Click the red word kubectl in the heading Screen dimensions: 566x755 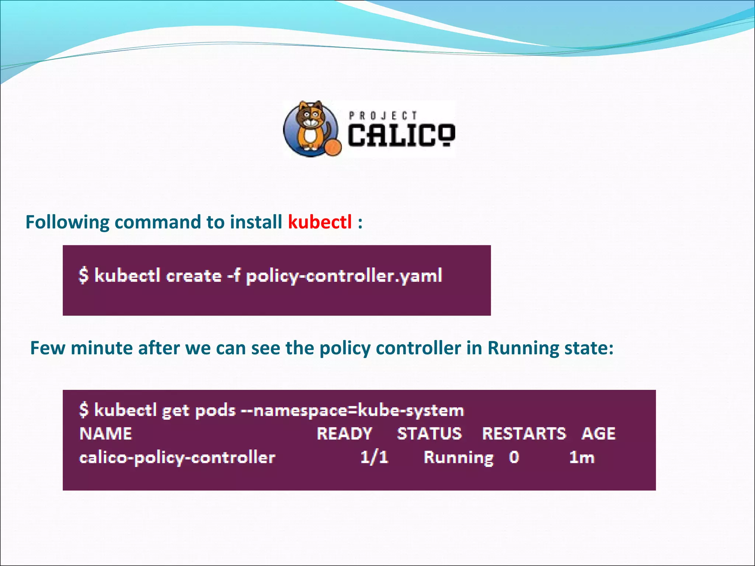pyautogui.click(x=320, y=222)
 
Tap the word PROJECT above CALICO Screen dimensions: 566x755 pyautogui.click(x=383, y=116)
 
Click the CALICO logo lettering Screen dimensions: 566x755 pyautogui.click(x=401, y=135)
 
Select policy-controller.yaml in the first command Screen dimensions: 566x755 pyautogui.click(x=344, y=276)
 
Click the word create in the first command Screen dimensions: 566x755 pyautogui.click(x=194, y=276)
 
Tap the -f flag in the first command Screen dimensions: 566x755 pyautogui.click(x=233, y=276)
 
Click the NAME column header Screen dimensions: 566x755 pyautogui.click(x=105, y=434)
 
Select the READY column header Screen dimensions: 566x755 pyautogui.click(x=344, y=434)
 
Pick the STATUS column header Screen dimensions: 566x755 pyautogui.click(x=429, y=434)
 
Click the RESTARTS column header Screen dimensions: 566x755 pyautogui.click(x=523, y=434)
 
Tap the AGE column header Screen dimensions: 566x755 pyautogui.click(x=598, y=434)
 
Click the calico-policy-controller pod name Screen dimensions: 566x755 pyautogui.click(x=177, y=458)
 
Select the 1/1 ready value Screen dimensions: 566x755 pyautogui.click(x=374, y=457)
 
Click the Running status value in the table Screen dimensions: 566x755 pyautogui.click(x=458, y=458)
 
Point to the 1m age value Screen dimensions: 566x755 pyautogui.click(x=582, y=457)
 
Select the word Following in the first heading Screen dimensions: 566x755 pyautogui.click(x=67, y=222)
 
